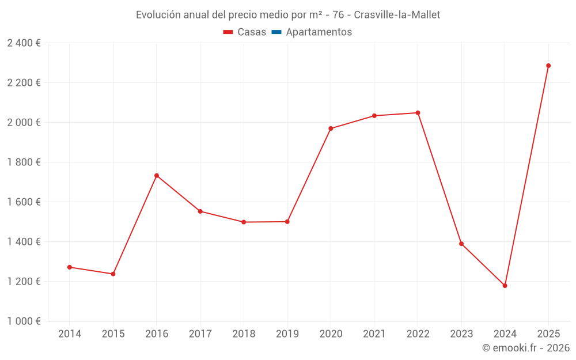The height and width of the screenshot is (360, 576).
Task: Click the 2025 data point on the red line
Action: (548, 66)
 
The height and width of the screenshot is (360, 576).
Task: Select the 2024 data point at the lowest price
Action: (505, 286)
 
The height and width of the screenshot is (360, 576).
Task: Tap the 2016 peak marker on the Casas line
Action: (157, 176)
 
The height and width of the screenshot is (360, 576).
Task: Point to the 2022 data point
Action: (418, 113)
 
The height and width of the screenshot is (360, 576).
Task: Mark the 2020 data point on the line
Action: (331, 128)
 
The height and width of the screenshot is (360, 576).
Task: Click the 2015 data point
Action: (113, 274)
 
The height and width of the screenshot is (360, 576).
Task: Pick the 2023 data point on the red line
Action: (461, 244)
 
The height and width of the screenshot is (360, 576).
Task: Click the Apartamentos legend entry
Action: (319, 32)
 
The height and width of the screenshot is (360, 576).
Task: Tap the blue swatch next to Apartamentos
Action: (276, 32)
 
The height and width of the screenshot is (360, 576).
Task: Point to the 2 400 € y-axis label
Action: (24, 43)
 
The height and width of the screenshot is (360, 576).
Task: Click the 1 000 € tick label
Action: (24, 321)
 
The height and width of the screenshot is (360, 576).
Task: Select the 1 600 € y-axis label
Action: (24, 202)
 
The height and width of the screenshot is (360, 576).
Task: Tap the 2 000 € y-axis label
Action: (24, 123)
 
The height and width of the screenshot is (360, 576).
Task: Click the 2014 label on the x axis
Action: (70, 334)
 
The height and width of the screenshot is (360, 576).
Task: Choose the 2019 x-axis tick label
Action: (287, 334)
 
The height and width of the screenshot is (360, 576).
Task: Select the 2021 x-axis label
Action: (374, 334)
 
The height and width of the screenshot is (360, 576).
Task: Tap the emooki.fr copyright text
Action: (525, 348)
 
